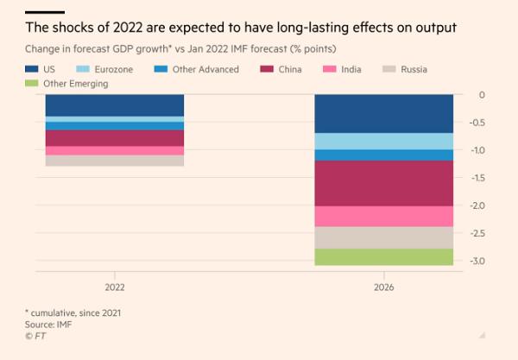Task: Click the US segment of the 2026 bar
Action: pyautogui.click(x=383, y=113)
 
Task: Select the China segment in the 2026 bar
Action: pyautogui.click(x=383, y=183)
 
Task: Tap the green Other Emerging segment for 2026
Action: pyautogui.click(x=383, y=257)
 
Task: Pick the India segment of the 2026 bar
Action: pyautogui.click(x=383, y=216)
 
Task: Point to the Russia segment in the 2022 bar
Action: pyautogui.click(x=114, y=161)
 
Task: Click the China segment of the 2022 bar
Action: pyautogui.click(x=114, y=138)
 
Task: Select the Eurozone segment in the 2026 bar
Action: pyautogui.click(x=383, y=142)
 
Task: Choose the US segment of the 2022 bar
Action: pyautogui.click(x=114, y=104)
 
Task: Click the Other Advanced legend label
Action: pyautogui.click(x=207, y=69)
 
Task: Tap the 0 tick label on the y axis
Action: pyautogui.click(x=481, y=95)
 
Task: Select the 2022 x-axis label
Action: pyautogui.click(x=114, y=287)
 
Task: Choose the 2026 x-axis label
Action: pyautogui.click(x=383, y=287)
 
